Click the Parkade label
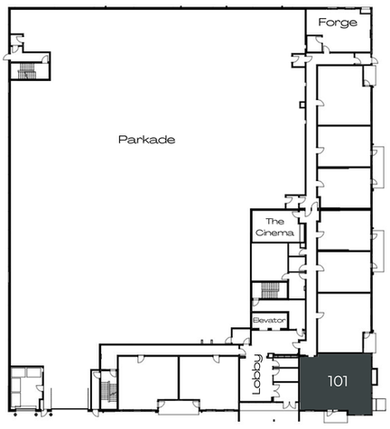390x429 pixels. click(x=147, y=140)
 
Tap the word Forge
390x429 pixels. click(x=338, y=23)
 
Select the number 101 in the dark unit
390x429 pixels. click(x=338, y=381)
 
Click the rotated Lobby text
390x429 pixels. click(x=257, y=374)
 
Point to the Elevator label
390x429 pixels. click(x=269, y=320)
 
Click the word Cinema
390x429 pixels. click(x=274, y=233)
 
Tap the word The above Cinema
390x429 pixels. click(x=274, y=222)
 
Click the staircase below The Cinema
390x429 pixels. click(x=270, y=290)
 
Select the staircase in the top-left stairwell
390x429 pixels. click(x=27, y=71)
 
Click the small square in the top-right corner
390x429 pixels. click(x=366, y=10)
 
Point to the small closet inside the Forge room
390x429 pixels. click(x=314, y=44)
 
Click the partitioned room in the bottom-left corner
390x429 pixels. click(x=26, y=388)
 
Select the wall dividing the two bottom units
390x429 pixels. click(x=179, y=378)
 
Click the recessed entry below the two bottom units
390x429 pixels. click(x=179, y=407)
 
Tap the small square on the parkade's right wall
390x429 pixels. click(x=302, y=105)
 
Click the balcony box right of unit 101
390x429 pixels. click(x=375, y=377)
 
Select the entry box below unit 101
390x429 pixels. click(x=336, y=418)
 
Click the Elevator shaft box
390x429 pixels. click(x=270, y=321)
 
